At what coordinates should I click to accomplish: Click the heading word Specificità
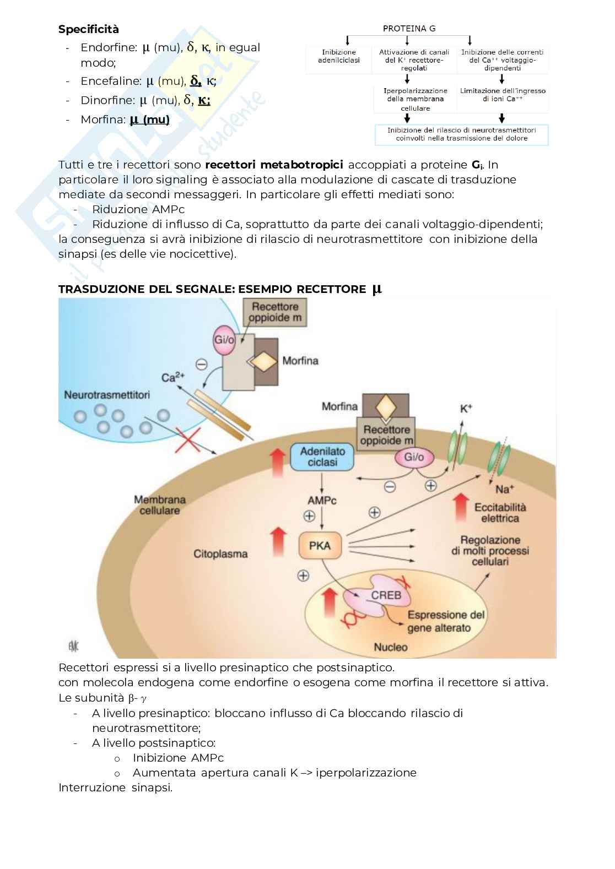click(89, 29)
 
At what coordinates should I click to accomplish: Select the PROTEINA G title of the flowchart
click(409, 29)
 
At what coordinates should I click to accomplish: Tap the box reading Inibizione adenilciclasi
click(339, 56)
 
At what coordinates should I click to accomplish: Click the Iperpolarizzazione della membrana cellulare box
click(416, 99)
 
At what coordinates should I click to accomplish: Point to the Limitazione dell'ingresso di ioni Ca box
click(503, 95)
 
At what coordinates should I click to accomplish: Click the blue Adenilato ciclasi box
click(322, 457)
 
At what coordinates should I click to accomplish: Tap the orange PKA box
click(320, 546)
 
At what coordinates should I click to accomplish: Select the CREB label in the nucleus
click(386, 595)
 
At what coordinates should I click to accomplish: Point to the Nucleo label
click(391, 647)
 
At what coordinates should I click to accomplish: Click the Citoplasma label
click(220, 554)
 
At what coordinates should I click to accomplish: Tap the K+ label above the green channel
click(466, 409)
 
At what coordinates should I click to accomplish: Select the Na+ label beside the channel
click(504, 489)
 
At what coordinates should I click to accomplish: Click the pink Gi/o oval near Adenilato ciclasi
click(414, 457)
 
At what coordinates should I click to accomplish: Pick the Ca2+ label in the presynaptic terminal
click(173, 377)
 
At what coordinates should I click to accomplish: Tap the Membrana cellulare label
click(160, 505)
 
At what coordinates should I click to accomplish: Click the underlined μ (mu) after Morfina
click(149, 120)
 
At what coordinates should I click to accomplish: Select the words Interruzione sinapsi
click(116, 787)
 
